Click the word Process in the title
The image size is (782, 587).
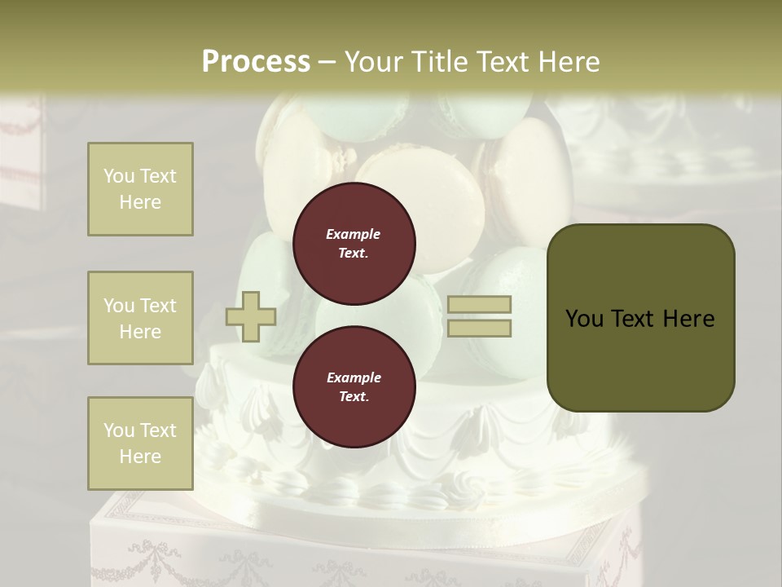pos(256,62)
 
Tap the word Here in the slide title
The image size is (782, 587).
pos(567,62)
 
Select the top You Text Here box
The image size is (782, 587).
pos(140,189)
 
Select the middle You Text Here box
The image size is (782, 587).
pos(140,318)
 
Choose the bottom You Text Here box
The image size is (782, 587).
pos(140,444)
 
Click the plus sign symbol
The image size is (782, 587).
pos(251,318)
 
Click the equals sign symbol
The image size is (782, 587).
pos(479,316)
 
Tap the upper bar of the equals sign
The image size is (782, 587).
pos(479,304)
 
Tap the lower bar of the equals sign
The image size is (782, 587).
pos(479,328)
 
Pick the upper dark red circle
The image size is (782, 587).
pos(354,244)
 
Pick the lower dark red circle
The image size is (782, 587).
pos(354,387)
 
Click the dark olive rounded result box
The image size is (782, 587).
pos(640,317)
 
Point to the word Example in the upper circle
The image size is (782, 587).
pos(353,234)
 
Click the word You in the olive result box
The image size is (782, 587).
pos(584,319)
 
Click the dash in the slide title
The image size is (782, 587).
pos(327,62)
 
